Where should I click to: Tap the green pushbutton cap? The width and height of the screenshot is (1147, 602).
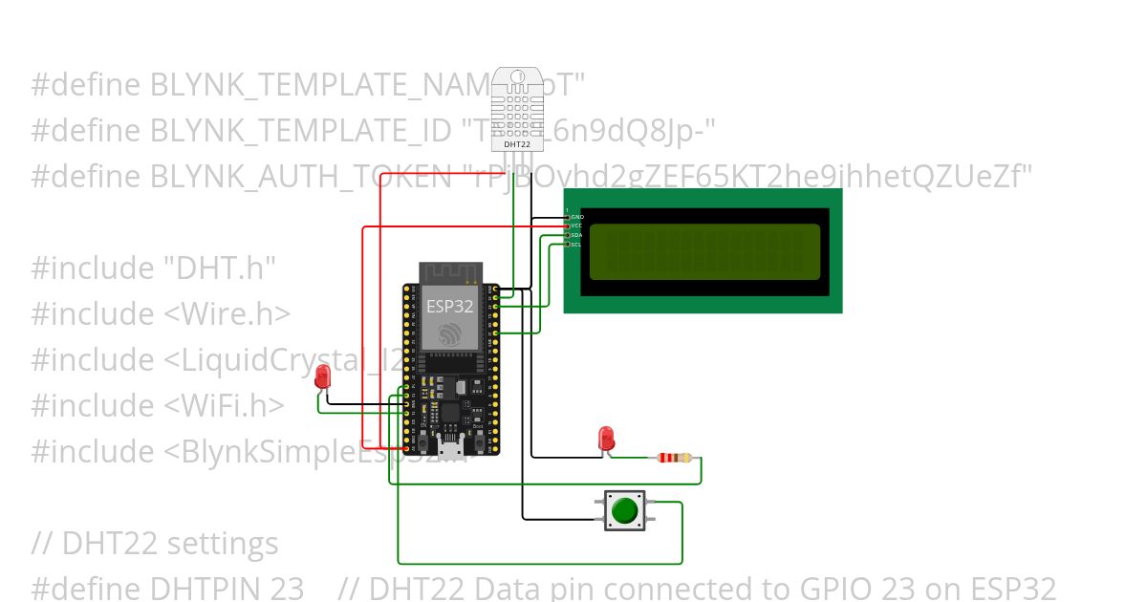click(624, 510)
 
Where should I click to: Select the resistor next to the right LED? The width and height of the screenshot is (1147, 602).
click(676, 458)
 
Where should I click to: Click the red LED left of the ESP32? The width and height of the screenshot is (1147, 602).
click(323, 376)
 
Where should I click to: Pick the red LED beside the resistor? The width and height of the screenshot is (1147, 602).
click(606, 438)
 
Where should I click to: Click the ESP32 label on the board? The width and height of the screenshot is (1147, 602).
click(450, 307)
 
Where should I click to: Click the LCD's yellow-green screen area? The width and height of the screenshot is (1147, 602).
click(704, 251)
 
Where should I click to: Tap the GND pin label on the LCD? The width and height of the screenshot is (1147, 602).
click(576, 217)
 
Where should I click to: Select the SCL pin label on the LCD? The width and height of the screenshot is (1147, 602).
click(576, 245)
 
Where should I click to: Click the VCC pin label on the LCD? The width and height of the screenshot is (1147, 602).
click(576, 226)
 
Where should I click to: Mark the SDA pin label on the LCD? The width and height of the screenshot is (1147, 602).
click(576, 235)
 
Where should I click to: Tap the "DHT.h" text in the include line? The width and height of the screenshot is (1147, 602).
click(220, 269)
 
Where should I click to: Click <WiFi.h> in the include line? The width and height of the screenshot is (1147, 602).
click(224, 406)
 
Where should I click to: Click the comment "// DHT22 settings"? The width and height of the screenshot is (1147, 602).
click(155, 544)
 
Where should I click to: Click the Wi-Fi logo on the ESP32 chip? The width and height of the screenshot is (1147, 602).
click(450, 333)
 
